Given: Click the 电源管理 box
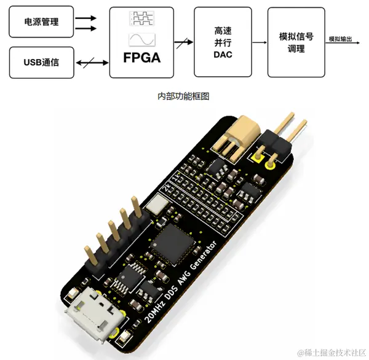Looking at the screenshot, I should [x=41, y=22].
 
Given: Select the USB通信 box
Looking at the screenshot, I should [x=41, y=62].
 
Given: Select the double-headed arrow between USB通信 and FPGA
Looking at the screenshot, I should [x=91, y=62].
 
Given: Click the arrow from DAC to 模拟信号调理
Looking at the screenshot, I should [x=260, y=42].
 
